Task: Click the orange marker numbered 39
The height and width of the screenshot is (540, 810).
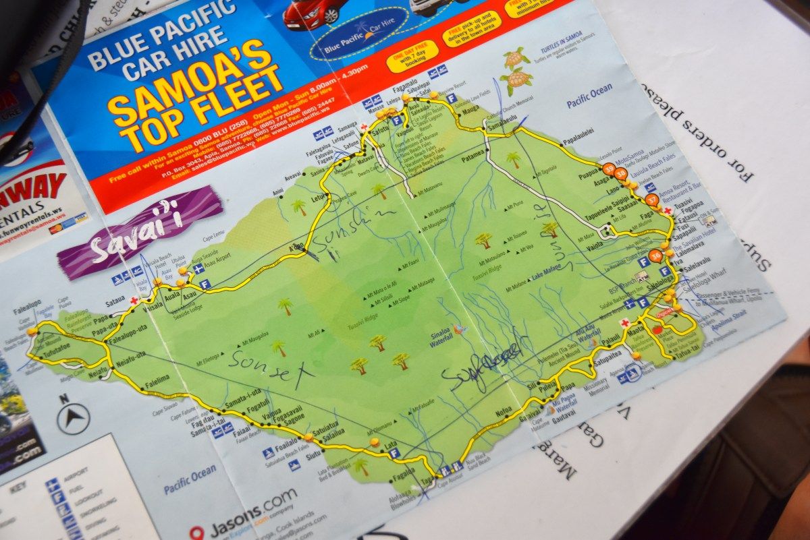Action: (609, 168)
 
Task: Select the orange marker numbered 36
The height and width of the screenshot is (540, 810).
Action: (655, 255)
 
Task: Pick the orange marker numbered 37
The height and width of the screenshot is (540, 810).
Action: (651, 200)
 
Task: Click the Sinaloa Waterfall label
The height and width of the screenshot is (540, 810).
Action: (441, 339)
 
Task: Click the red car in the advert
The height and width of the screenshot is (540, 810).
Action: (315, 11)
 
